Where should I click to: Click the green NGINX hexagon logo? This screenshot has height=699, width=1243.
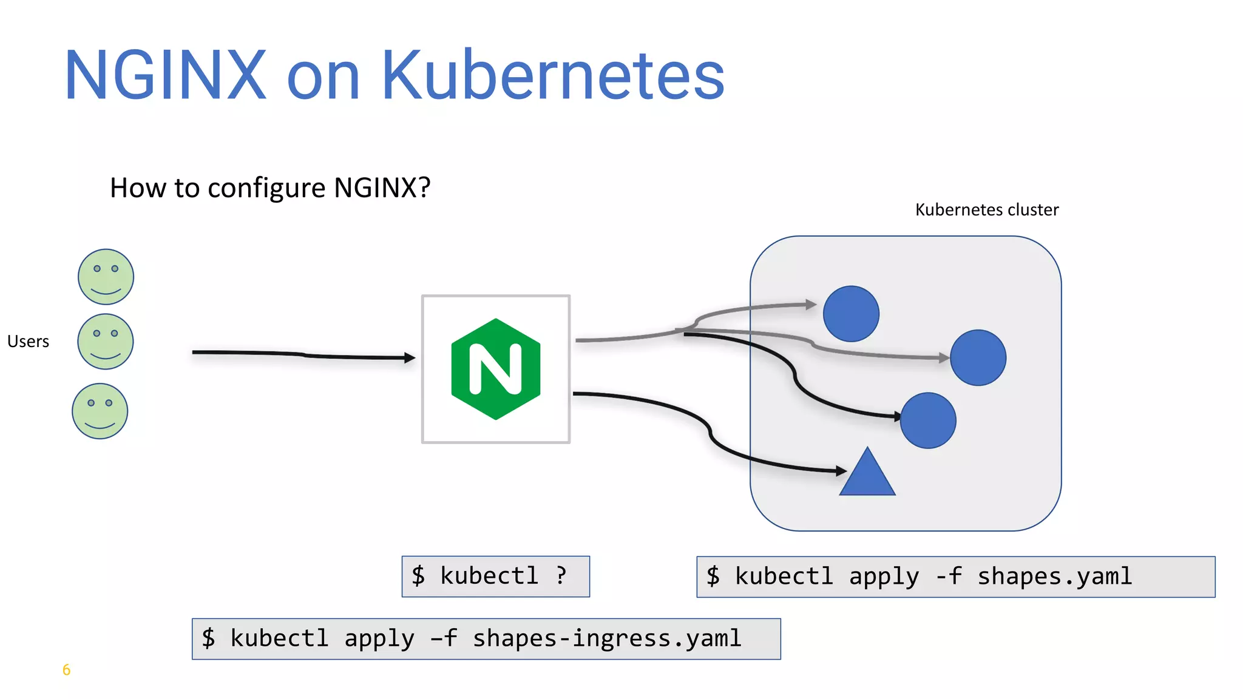(x=496, y=369)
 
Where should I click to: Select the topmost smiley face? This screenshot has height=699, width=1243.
(x=106, y=277)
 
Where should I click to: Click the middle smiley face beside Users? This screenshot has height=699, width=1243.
(x=106, y=342)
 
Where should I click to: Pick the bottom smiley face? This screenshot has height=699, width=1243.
(x=100, y=411)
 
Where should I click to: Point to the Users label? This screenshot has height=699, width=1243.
(x=28, y=342)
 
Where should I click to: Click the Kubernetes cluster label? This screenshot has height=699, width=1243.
(x=987, y=210)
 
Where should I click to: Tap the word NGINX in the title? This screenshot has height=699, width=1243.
(x=165, y=76)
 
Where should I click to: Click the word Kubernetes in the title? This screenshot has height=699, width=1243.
(x=552, y=76)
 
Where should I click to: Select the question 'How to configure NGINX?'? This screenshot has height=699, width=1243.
(x=270, y=187)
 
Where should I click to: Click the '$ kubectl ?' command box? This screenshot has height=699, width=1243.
(x=495, y=576)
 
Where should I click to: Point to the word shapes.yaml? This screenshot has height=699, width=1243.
(x=1054, y=576)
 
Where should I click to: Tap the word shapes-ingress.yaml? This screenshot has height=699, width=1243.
(x=607, y=639)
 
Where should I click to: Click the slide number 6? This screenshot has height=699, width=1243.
(x=66, y=670)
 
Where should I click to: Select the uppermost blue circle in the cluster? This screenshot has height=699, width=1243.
(x=851, y=314)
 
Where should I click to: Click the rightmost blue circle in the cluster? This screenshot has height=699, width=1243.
(x=978, y=358)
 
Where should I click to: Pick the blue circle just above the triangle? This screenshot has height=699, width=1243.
(x=928, y=420)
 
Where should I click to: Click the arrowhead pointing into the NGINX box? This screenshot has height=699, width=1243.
(x=410, y=358)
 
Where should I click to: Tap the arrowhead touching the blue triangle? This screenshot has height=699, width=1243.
(x=841, y=470)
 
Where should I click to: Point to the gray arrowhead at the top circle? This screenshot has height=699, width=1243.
(x=811, y=304)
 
